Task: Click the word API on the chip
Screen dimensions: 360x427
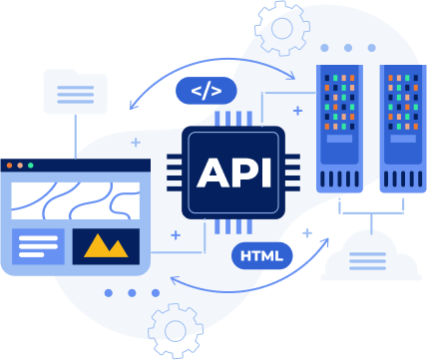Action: point(233,173)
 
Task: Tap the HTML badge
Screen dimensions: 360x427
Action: point(262,255)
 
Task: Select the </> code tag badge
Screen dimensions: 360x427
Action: point(206,92)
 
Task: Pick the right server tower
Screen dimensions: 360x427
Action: point(402,128)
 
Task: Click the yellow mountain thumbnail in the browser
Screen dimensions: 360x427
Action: point(106,246)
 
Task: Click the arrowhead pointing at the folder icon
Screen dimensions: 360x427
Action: point(131,105)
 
